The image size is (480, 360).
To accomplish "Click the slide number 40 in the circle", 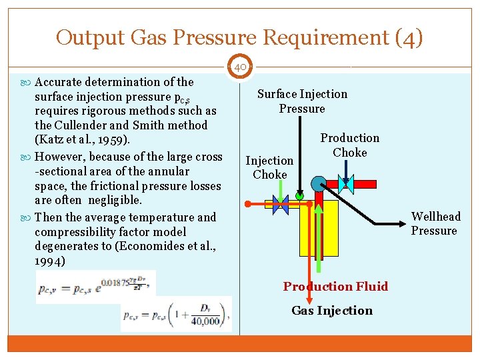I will click(241, 67).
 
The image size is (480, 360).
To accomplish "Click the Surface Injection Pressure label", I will click(302, 101).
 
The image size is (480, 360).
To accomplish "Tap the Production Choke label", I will click(349, 145).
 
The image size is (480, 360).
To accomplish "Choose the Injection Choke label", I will click(269, 167).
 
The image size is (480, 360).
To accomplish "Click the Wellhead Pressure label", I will click(435, 223).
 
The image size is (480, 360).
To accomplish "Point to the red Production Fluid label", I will click(335, 287).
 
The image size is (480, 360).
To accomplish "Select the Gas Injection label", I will click(332, 311).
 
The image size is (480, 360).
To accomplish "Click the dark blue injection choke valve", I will click(280, 205).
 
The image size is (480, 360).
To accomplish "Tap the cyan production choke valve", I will click(346, 184).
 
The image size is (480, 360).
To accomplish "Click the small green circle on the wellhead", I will click(300, 196).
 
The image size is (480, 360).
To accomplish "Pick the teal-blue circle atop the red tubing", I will click(318, 183).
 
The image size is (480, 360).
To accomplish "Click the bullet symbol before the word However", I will click(27, 157).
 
